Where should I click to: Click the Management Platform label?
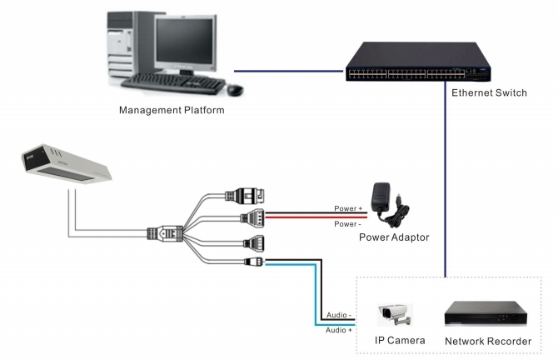point(172,110)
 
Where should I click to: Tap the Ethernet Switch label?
point(489,92)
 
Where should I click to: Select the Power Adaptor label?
point(394,237)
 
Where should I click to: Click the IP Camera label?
point(400,340)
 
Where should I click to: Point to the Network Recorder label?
point(488,341)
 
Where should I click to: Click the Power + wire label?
point(348,208)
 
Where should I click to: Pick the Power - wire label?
point(348,225)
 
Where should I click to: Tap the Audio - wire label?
point(337,316)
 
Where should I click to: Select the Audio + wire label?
point(337,330)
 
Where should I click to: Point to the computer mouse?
point(235,89)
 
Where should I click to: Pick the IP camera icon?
point(395,316)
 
